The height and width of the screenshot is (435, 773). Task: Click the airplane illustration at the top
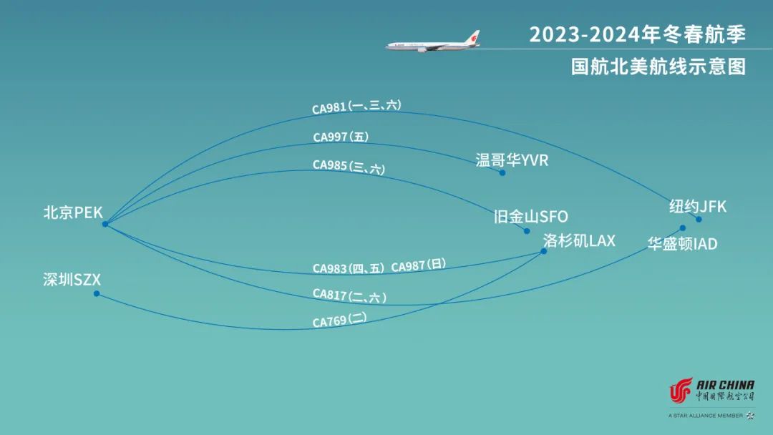click(x=434, y=42)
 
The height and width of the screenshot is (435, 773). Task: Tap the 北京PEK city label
click(x=73, y=212)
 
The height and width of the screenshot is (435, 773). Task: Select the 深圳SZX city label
click(x=72, y=280)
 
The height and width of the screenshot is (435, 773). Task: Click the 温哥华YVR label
click(x=512, y=160)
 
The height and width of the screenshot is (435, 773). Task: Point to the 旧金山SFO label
click(x=530, y=216)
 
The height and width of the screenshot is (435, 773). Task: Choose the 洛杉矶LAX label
click(x=579, y=240)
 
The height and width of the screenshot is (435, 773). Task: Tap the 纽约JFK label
click(x=697, y=207)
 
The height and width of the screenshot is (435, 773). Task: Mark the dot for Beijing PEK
click(x=105, y=224)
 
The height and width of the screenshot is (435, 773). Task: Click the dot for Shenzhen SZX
click(x=97, y=293)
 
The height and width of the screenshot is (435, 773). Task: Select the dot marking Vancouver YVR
click(x=502, y=172)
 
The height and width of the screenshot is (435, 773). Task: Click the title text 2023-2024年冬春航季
click(x=637, y=34)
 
